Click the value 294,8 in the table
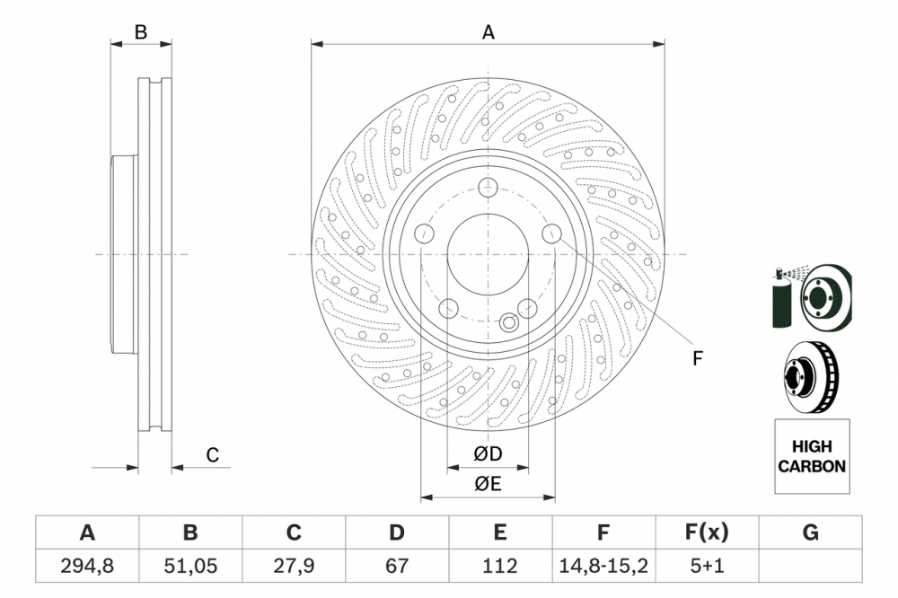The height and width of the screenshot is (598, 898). click(87, 567)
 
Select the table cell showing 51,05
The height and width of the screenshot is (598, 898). click(190, 567)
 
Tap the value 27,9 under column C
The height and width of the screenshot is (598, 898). click(294, 567)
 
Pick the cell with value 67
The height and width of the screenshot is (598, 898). click(397, 567)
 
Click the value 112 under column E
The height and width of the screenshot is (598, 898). click(500, 567)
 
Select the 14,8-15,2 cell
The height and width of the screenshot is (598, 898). click(603, 567)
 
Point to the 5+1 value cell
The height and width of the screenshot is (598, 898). click(707, 567)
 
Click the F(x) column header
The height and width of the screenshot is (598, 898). click(707, 532)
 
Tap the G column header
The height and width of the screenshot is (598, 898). click(810, 532)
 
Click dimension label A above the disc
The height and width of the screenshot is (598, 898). click(489, 32)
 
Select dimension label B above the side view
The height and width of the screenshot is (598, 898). click(141, 32)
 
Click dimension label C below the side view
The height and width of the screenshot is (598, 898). click(212, 455)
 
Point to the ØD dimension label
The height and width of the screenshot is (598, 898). click(488, 455)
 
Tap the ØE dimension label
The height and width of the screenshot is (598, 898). click(488, 484)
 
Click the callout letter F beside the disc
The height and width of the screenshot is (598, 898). click(697, 358)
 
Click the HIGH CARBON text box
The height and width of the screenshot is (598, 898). click(811, 456)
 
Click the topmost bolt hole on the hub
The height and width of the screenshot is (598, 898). click(488, 188)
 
